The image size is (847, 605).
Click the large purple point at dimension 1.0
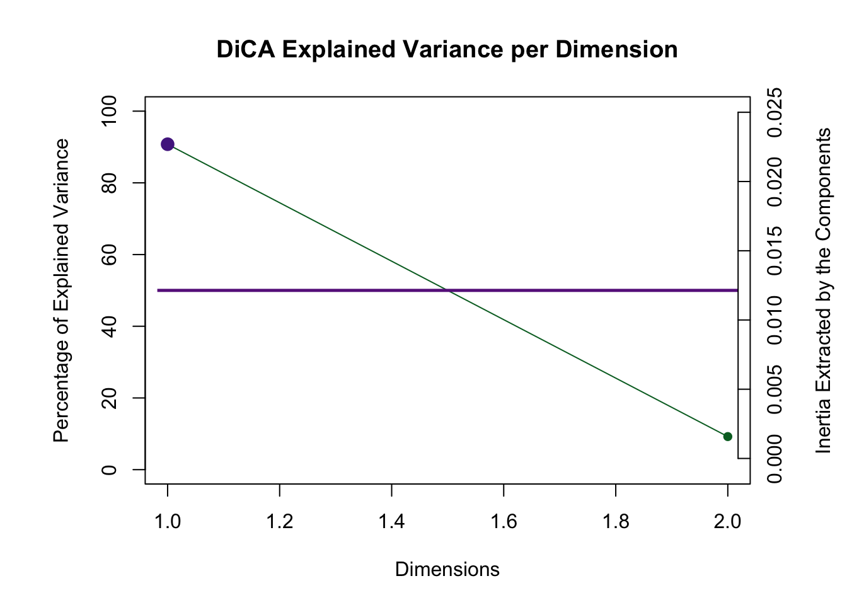168,144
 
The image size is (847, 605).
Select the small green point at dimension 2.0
728,436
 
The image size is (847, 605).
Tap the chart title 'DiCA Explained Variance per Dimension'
447,49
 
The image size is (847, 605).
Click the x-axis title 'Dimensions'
447,570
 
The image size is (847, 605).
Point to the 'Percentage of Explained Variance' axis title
61,291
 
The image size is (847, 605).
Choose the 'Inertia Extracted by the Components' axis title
823,291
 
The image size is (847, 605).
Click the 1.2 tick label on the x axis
280,521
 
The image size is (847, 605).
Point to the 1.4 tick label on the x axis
392,521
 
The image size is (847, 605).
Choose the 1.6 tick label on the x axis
504,521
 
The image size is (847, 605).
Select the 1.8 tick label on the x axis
616,521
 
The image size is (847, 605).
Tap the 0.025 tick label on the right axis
775,112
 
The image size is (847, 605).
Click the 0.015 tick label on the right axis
775,251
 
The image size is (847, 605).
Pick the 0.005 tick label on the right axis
775,389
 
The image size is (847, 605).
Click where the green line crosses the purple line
447,290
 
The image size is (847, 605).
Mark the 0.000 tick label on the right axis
775,459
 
